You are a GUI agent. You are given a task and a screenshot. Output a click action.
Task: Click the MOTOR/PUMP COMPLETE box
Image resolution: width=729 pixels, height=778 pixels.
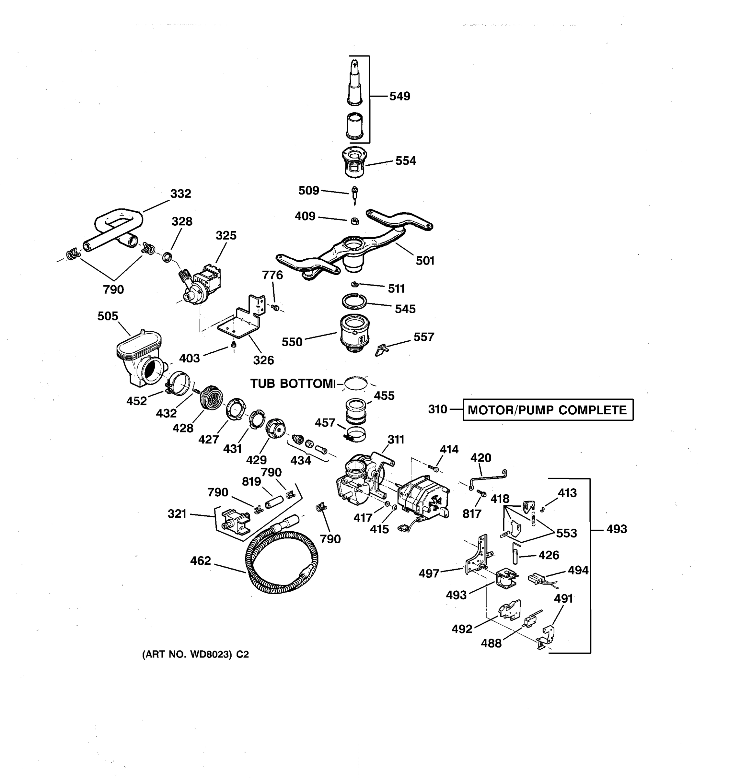(548, 410)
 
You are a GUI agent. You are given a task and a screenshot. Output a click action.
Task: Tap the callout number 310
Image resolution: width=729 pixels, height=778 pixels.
(437, 409)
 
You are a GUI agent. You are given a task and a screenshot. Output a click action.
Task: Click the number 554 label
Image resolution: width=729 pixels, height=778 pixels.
(406, 161)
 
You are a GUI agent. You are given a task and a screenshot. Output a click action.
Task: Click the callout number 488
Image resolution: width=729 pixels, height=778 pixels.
(491, 643)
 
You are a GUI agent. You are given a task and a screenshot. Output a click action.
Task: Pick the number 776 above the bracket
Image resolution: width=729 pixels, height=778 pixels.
(272, 275)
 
